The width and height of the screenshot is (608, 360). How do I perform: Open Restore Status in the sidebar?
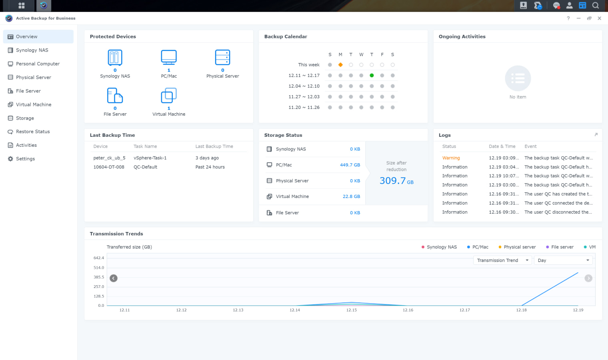[x=33, y=132]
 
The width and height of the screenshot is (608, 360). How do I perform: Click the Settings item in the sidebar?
[x=25, y=159]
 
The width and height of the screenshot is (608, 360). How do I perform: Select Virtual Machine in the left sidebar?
[x=34, y=104]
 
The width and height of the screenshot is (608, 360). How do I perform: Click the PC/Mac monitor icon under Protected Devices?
[x=169, y=58]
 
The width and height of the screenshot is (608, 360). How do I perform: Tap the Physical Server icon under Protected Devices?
[x=222, y=58]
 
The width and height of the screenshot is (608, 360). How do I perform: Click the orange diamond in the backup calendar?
[x=340, y=65]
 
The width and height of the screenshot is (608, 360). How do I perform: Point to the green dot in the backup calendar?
[x=372, y=75]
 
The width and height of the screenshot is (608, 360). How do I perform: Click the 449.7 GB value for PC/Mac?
[x=350, y=165]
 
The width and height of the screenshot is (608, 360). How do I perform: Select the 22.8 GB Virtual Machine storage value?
[x=351, y=196]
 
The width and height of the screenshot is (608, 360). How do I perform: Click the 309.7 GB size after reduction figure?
[x=396, y=181]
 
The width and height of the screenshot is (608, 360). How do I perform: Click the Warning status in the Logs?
[x=451, y=158]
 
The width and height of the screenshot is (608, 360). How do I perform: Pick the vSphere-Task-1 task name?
[x=150, y=158]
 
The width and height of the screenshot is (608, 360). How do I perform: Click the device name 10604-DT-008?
[x=109, y=167]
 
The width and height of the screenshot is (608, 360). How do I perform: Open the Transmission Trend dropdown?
[x=502, y=260]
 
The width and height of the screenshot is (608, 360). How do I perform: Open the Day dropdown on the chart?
[x=563, y=260]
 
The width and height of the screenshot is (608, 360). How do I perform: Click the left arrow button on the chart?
[x=114, y=278]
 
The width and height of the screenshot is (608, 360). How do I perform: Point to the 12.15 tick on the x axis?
[x=351, y=310]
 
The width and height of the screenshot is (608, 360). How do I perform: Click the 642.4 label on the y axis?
[x=99, y=258]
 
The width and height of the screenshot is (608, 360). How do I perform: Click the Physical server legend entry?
[x=519, y=247]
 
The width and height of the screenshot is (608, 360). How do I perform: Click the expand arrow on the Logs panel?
[x=596, y=135]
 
